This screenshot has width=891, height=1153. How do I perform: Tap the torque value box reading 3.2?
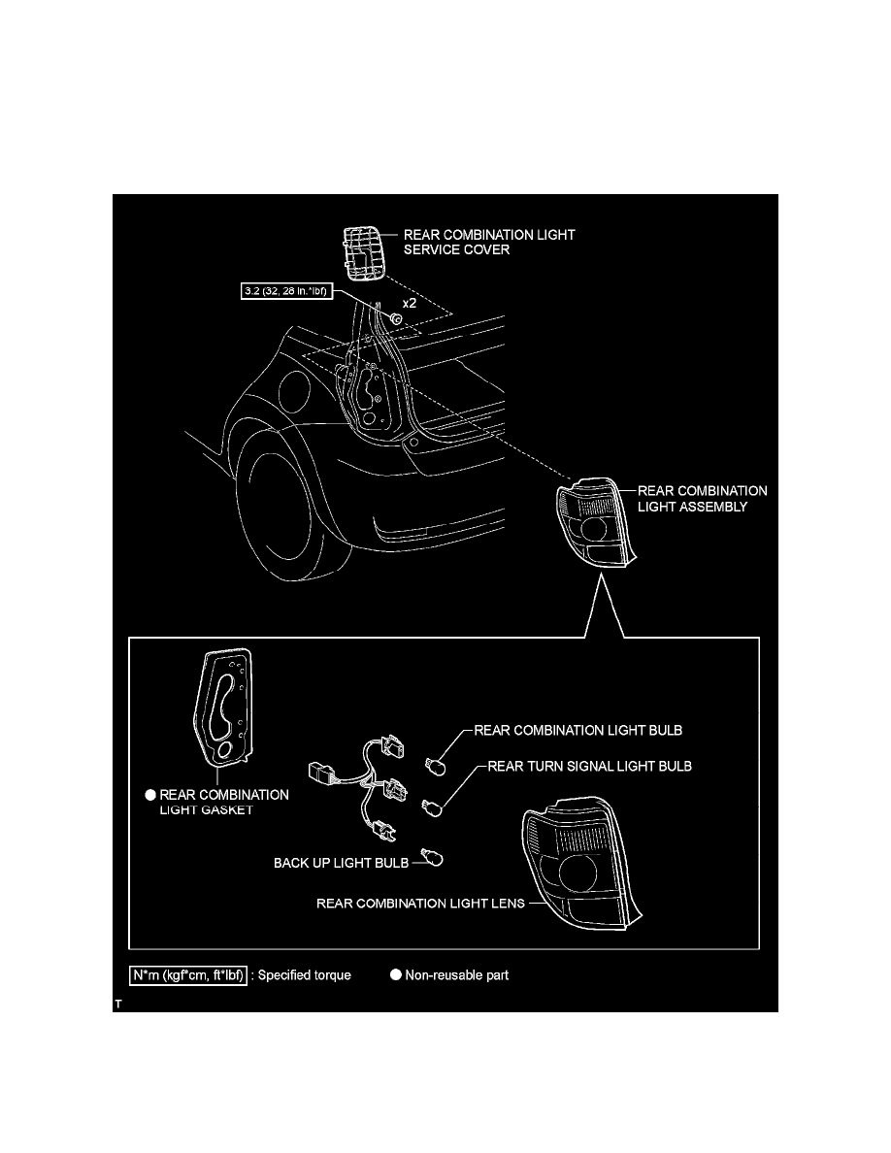286,291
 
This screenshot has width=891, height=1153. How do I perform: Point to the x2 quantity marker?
410,303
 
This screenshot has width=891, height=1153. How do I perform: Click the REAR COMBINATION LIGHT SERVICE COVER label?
489,242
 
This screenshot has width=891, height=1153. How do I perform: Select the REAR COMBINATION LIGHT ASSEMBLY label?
702,499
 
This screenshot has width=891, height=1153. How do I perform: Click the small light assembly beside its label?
596,523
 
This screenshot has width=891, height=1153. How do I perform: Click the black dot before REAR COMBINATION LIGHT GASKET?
150,795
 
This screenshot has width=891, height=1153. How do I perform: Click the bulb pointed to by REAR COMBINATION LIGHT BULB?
435,765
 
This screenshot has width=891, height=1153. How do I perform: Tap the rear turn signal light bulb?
432,808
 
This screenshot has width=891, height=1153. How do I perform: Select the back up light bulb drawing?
435,857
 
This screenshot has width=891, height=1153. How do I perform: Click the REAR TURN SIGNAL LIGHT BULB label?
589,766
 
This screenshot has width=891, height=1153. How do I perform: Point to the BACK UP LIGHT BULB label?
341,863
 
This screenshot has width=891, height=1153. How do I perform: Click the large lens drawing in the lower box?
580,863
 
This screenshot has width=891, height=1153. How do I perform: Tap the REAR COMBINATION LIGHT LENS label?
420,904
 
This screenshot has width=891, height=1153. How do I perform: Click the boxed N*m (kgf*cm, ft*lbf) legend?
188,975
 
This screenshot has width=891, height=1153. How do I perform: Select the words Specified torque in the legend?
305,975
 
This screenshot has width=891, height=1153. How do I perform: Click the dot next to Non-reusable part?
395,974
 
